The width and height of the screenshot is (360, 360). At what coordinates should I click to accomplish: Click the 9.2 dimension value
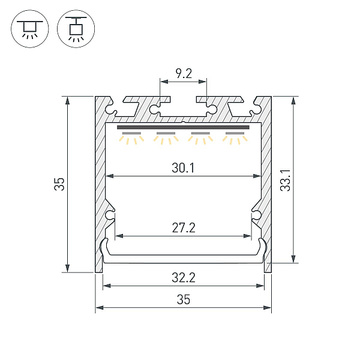(184, 73)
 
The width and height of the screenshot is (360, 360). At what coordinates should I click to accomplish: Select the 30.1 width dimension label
(183, 168)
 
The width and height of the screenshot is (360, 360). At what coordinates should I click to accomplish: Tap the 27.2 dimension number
(184, 228)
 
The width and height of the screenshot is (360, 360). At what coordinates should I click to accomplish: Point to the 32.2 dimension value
(184, 277)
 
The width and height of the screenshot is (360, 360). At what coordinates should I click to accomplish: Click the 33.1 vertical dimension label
(286, 180)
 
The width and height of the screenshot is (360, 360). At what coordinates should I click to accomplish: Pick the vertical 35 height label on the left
(59, 184)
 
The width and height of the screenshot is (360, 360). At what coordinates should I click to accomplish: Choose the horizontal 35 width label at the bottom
(184, 299)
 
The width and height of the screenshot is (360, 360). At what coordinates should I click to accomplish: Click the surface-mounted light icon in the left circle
(30, 29)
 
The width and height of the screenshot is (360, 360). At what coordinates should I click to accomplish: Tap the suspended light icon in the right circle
(76, 29)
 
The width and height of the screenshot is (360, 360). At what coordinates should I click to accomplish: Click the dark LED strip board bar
(183, 127)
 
